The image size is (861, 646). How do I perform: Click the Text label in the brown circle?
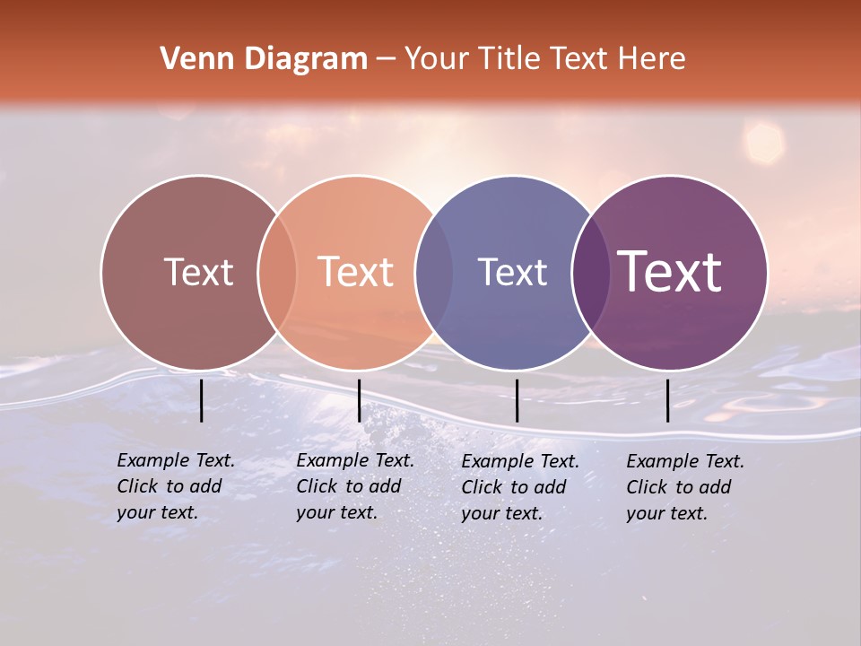click(x=198, y=272)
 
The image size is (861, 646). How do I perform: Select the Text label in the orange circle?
click(x=355, y=272)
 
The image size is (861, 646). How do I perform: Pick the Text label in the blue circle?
click(x=512, y=272)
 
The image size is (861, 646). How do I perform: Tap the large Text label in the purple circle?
click(x=670, y=272)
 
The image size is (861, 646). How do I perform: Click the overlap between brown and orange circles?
click(x=277, y=273)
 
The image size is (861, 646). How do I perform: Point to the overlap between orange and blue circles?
click(x=434, y=273)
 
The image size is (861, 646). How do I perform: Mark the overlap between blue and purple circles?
click(x=589, y=273)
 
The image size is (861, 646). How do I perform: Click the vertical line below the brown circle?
click(x=202, y=400)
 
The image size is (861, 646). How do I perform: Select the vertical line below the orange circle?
click(x=359, y=400)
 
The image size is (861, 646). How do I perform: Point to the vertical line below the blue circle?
click(x=517, y=400)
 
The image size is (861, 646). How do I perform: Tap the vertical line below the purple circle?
click(x=667, y=400)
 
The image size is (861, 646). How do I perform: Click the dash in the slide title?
click(x=386, y=60)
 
